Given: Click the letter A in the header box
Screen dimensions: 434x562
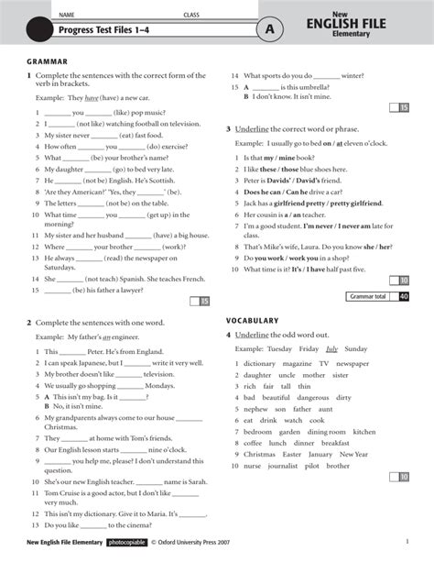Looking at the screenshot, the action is [269, 29].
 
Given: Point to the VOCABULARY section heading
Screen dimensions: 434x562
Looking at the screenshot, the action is [253, 320].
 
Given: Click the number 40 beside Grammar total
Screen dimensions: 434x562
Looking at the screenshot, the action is [404, 296].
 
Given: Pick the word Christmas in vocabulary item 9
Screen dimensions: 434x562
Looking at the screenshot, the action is [259, 454].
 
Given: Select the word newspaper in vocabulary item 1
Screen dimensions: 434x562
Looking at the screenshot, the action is [353, 363].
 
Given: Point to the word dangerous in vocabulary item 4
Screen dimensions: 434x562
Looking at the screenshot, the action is [311, 397].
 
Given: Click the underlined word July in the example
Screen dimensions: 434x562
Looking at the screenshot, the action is [331, 348].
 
